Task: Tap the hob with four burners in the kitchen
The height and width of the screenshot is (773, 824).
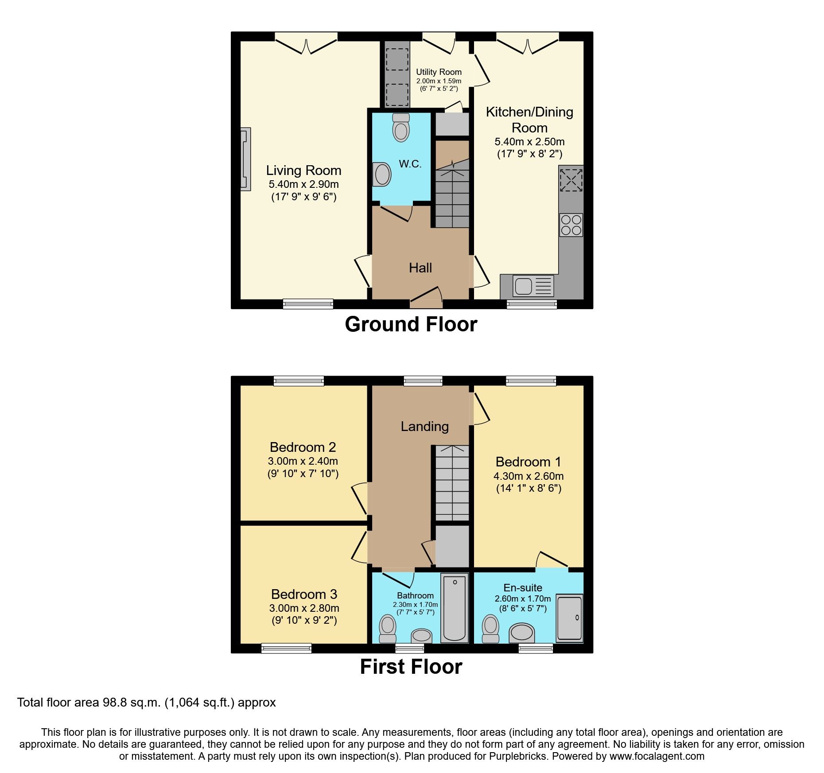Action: (571, 225)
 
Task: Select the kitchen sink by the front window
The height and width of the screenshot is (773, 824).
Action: (533, 286)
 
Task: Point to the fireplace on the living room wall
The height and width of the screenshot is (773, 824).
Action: (245, 159)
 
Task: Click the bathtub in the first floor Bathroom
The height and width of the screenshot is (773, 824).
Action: (455, 608)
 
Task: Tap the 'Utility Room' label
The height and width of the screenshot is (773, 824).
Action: (439, 72)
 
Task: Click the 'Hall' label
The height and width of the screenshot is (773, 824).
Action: (420, 268)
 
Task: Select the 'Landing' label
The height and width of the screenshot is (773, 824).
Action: (425, 426)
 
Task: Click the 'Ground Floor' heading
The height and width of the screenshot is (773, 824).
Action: (411, 324)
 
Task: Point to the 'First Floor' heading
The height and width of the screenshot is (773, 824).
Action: (411, 667)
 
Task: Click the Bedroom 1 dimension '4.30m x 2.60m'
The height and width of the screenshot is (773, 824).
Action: (529, 476)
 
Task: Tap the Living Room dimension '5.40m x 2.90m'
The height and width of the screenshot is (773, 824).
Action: (303, 184)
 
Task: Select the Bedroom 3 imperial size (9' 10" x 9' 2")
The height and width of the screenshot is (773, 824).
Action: (304, 620)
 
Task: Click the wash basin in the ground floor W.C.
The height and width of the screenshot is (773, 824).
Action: (381, 174)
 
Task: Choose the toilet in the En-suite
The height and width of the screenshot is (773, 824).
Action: (490, 629)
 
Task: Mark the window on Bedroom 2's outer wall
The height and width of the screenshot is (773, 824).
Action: (299, 381)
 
